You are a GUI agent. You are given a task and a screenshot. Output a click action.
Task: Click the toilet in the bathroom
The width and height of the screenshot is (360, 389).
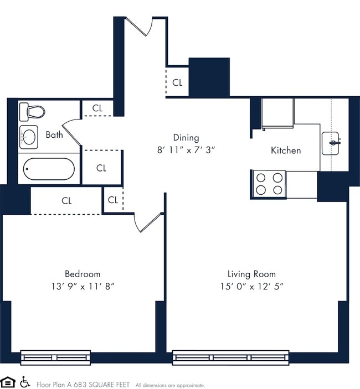[x=32, y=112]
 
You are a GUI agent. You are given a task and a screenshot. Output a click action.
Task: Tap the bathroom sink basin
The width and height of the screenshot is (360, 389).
[x=29, y=136]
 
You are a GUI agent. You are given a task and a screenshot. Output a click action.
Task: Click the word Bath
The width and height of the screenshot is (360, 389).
[x=54, y=134]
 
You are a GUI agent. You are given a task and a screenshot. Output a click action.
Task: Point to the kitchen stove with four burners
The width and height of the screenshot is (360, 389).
[x=269, y=184]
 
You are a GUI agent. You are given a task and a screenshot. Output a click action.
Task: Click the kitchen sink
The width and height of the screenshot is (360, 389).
[x=335, y=143]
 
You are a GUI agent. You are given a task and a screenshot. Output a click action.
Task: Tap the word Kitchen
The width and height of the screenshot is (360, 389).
[x=286, y=151]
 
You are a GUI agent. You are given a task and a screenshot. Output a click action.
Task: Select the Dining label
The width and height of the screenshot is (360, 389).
[x=186, y=138]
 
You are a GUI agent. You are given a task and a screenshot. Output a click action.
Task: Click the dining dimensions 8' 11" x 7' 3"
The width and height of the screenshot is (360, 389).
[x=186, y=149]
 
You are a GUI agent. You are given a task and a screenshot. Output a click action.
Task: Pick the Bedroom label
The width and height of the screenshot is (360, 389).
[x=83, y=274]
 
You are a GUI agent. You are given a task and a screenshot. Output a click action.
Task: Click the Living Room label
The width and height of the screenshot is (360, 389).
[x=251, y=274]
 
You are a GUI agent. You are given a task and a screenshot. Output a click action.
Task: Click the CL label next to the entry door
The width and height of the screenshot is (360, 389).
[x=177, y=83]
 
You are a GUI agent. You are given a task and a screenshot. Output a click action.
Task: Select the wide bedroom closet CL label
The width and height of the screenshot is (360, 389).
[x=66, y=201]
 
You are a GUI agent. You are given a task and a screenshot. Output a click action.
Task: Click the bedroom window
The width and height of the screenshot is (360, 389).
[x=55, y=357]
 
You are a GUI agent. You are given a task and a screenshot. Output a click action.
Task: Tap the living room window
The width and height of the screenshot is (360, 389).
[x=230, y=357]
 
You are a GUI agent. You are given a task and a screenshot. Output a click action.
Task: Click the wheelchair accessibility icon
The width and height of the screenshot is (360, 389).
[x=25, y=382]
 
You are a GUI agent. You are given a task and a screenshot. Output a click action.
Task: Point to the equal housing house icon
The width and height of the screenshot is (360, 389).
[x=8, y=382]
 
